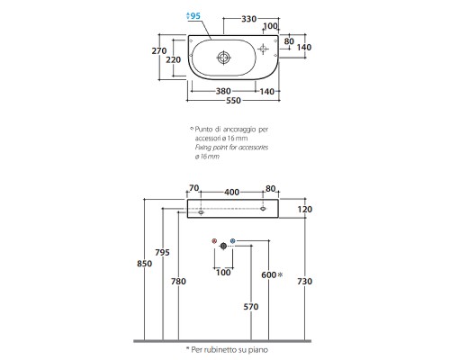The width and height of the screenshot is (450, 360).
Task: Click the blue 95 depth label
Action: tap(193, 15)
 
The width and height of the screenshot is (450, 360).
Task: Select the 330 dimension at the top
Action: tap(249, 19)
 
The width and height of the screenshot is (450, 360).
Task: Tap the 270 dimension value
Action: tap(159, 51)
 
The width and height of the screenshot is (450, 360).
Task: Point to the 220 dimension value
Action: tap(174, 60)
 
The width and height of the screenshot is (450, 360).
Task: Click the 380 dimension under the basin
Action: tap(223, 91)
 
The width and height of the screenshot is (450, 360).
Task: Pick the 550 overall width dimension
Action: tap(233, 100)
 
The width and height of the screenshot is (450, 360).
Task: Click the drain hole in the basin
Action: tap(223, 58)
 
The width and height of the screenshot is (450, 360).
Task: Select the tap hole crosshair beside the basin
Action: tap(263, 49)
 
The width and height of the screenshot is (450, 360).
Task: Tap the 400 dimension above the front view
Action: tap(232, 192)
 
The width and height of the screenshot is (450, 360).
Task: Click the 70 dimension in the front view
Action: tap(193, 188)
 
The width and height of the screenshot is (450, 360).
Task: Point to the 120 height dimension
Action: tap(305, 209)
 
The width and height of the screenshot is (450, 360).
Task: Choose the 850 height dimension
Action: tap(144, 264)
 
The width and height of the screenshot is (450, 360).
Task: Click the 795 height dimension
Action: tap(162, 252)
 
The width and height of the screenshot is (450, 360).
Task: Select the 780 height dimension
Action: tap(178, 282)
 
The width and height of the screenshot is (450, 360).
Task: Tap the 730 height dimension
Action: tap(305, 282)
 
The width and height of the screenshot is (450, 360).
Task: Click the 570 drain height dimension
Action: tap(251, 307)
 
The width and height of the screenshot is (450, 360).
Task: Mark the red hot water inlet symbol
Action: tap(214, 241)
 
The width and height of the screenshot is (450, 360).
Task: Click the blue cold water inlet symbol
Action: tap(233, 241)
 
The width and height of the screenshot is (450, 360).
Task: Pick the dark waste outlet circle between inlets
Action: tap(223, 246)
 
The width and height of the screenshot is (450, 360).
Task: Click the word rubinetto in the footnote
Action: tap(219, 349)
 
